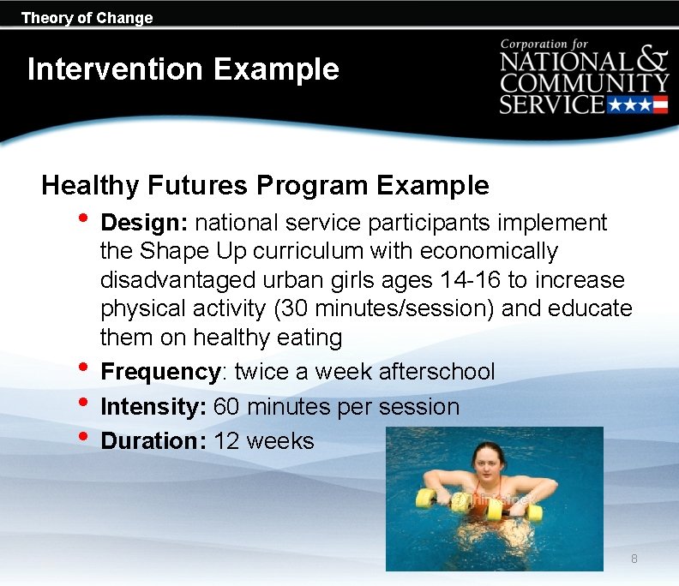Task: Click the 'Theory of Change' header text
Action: (87, 18)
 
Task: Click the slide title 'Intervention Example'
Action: (183, 69)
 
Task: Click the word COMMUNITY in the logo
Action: (585, 83)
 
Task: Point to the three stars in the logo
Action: (629, 105)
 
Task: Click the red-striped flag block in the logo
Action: (660, 105)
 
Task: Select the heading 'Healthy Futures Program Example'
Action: (265, 185)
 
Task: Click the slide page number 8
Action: (634, 559)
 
